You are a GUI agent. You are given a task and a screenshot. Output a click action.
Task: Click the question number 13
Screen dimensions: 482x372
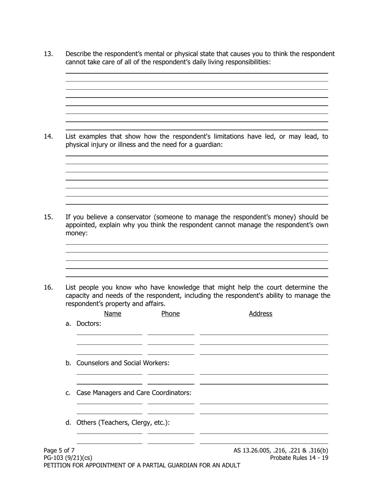pos(48,54)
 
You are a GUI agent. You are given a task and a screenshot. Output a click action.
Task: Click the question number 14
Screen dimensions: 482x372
pos(48,137)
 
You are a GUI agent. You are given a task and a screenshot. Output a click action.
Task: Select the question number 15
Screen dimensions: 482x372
pos(48,217)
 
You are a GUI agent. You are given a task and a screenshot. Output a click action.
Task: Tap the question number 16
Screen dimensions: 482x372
pos(48,288)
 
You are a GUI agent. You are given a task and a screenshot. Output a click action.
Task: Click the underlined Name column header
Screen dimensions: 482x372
pos(113,314)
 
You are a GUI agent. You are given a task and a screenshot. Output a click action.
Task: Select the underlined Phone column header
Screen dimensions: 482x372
pos(170,314)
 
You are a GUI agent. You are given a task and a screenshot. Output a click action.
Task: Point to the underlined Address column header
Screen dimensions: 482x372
pos(260,314)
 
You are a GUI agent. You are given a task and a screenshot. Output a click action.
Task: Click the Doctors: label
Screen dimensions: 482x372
pos(88,324)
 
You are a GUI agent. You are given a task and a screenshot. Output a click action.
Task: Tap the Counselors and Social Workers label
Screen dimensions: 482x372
pos(123,363)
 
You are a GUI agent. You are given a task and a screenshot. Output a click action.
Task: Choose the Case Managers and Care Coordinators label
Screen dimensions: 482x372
pos(134,393)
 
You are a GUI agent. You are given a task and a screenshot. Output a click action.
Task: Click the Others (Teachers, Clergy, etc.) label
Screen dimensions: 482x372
pos(123,422)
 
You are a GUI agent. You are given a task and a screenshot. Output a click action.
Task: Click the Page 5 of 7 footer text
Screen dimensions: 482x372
pos(59,450)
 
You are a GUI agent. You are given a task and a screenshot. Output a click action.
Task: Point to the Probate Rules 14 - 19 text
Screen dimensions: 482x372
pos(299,458)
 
